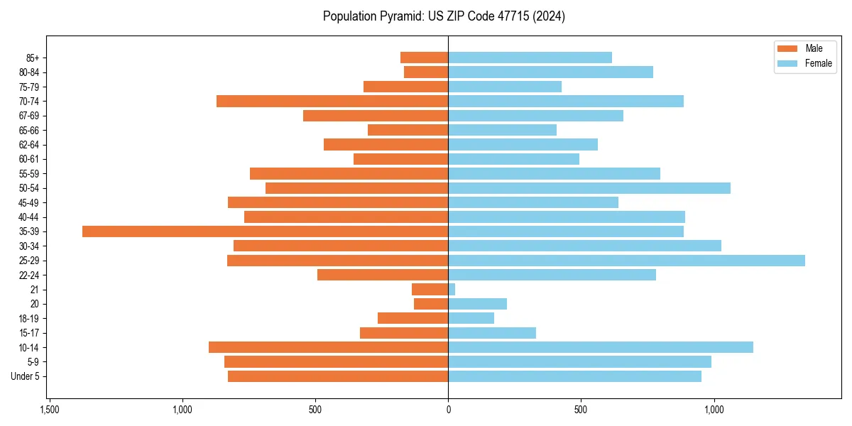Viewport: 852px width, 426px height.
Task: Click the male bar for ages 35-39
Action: coord(265,231)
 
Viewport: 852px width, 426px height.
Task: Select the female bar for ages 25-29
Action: coord(626,261)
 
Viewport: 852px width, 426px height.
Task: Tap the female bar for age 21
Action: coord(452,290)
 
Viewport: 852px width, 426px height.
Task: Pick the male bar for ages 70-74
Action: coord(332,102)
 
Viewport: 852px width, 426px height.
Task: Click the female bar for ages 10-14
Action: coord(601,347)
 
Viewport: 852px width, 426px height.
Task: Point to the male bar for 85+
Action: coord(424,58)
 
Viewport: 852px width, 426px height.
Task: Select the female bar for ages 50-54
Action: coord(589,188)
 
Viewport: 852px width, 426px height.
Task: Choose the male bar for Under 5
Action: coord(338,376)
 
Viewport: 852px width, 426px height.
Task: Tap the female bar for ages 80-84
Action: coord(550,72)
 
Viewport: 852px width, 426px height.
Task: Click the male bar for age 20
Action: coord(431,304)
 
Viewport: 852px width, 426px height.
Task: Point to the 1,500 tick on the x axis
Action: coord(49,410)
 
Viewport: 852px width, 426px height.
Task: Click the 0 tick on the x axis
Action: coord(448,410)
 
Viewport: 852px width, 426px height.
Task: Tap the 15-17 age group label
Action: coord(29,333)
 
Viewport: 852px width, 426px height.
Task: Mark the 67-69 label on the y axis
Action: coord(29,116)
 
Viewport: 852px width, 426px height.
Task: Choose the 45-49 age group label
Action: coord(29,202)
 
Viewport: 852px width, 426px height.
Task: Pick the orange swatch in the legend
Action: coord(787,49)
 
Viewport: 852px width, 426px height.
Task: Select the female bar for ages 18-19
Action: coord(471,318)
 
